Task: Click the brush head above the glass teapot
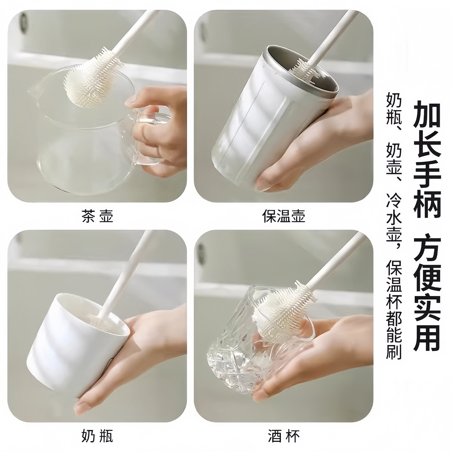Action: (91, 80)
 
